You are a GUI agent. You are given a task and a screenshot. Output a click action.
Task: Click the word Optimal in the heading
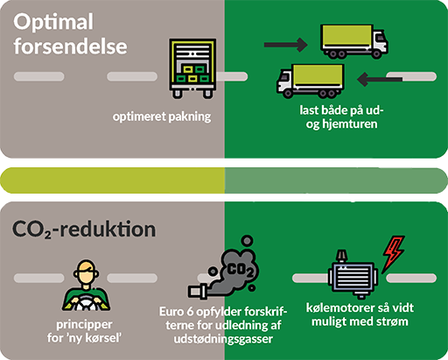pyautogui.click(x=53, y=23)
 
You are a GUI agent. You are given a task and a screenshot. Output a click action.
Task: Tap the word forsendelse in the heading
pyautogui.click(x=70, y=46)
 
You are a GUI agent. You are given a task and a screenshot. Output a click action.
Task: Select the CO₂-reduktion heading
pyautogui.click(x=84, y=229)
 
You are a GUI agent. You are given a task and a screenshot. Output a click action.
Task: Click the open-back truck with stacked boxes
pyautogui.click(x=192, y=68)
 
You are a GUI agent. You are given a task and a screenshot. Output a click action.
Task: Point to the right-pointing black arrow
pyautogui.click(x=286, y=45)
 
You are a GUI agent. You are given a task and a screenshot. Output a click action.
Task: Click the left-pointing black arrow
pyautogui.click(x=380, y=79)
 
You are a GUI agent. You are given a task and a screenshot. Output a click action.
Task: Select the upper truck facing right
pyautogui.click(x=354, y=41)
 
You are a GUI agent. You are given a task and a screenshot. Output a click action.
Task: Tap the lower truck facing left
pyautogui.click(x=311, y=81)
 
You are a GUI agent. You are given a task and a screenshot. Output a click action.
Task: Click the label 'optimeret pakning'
pyautogui.click(x=162, y=116)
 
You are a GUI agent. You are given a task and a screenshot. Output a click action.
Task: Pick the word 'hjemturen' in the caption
pyautogui.click(x=349, y=124)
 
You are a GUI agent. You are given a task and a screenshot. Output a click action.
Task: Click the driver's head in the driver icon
pyautogui.click(x=86, y=273)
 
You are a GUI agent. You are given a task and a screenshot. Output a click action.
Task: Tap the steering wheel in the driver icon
pyautogui.click(x=85, y=303)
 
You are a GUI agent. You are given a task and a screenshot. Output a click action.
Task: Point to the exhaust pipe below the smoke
pyautogui.click(x=199, y=292)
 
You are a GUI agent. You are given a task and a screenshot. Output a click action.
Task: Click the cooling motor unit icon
pyautogui.click(x=353, y=274)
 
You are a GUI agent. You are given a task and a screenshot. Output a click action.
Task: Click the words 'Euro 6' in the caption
pyautogui.click(x=176, y=312)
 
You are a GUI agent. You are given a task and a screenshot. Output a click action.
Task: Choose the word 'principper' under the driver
pyautogui.click(x=84, y=325)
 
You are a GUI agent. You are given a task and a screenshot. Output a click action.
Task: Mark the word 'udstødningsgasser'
pyautogui.click(x=223, y=339)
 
